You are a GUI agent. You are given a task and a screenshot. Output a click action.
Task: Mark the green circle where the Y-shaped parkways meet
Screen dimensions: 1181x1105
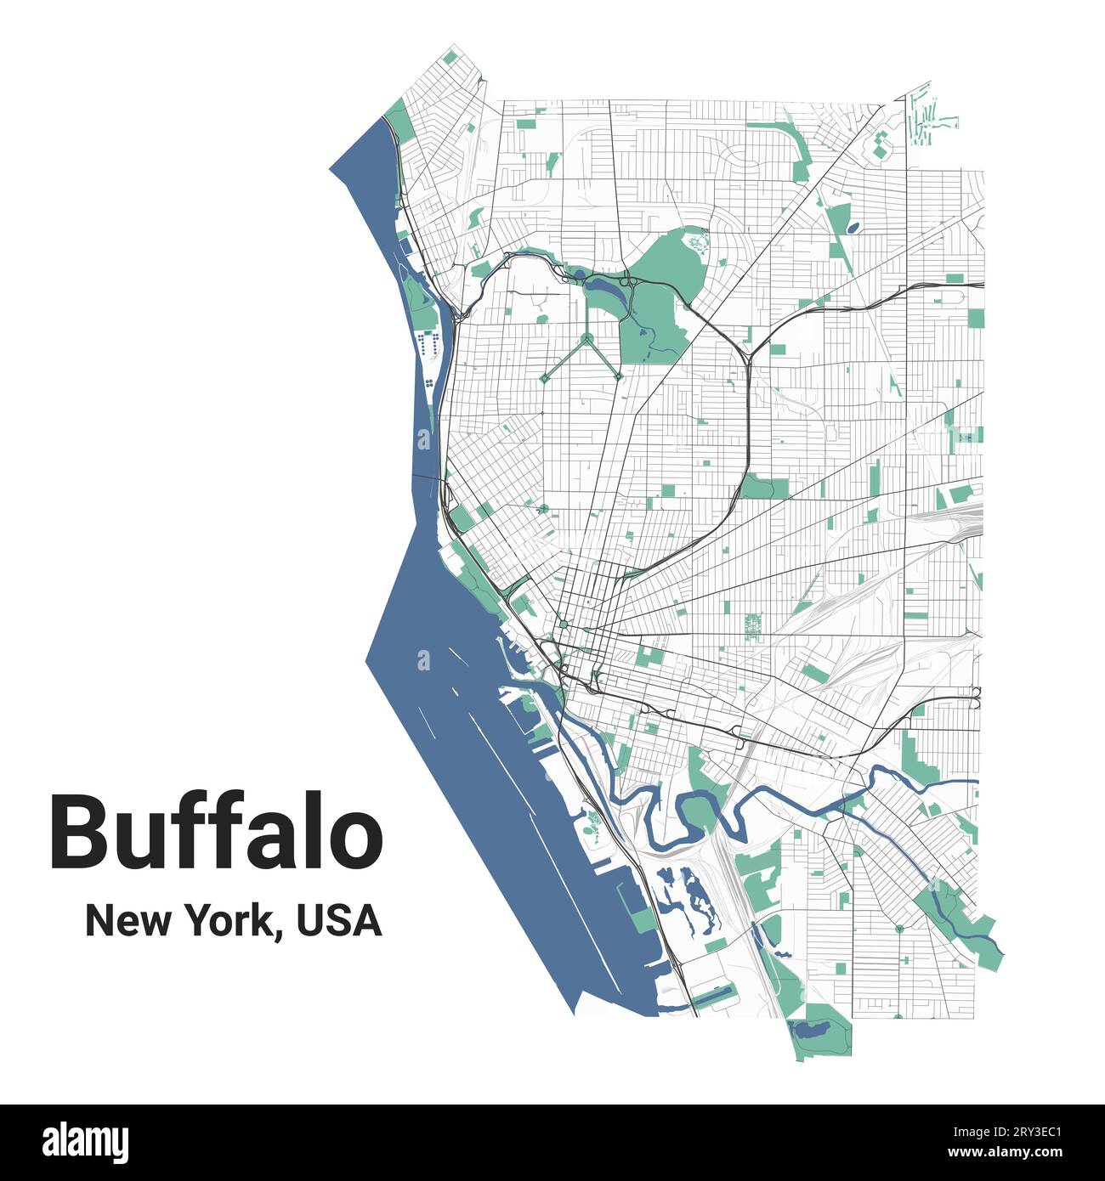tap(586, 337)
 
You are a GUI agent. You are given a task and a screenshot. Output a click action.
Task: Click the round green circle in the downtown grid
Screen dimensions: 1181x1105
tap(563, 625)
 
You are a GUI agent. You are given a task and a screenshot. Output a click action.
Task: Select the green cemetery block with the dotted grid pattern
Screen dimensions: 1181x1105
tap(752, 625)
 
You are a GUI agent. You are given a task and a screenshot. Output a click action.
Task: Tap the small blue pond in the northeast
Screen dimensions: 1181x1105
tap(853, 227)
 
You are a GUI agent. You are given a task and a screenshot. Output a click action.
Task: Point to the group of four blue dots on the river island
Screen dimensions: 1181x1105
tap(431, 383)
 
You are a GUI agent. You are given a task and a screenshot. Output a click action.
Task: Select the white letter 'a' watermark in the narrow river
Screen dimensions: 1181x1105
tap(424, 438)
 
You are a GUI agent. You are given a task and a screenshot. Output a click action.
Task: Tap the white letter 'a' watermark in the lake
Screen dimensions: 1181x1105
tap(423, 660)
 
